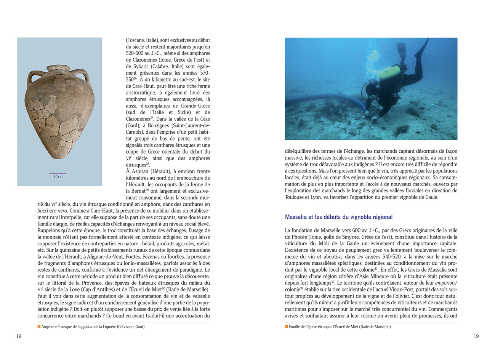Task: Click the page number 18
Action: (x=19, y=336)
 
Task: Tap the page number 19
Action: (x=476, y=336)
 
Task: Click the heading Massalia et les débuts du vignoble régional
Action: (x=338, y=217)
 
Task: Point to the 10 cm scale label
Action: (x=58, y=177)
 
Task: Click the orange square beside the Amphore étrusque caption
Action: (x=39, y=326)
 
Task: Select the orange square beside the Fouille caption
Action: (x=287, y=326)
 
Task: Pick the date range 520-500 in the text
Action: (x=135, y=53)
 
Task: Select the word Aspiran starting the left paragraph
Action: (x=140, y=171)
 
